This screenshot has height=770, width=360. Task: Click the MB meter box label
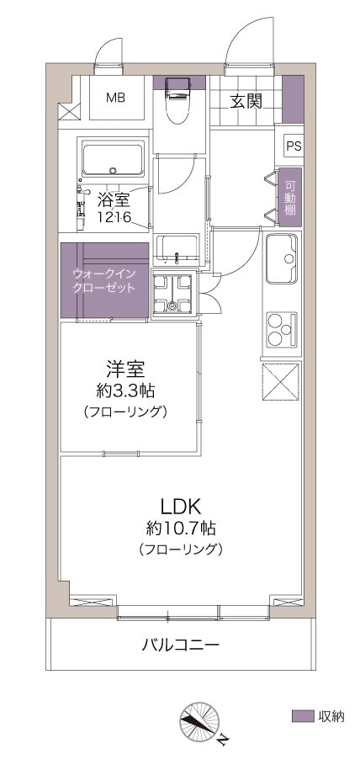tap(116, 98)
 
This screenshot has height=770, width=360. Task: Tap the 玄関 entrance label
tap(246, 101)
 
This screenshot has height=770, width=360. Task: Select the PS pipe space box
tap(294, 146)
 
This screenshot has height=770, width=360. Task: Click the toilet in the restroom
tap(178, 100)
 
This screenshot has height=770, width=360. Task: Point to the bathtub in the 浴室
tap(114, 158)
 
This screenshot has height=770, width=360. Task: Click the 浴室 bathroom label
tap(114, 199)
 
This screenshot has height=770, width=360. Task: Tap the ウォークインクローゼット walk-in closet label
tap(103, 280)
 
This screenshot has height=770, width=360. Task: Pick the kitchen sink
tap(282, 259)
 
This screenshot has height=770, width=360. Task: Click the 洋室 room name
tap(125, 368)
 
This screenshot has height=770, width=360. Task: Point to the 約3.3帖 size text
tap(125, 391)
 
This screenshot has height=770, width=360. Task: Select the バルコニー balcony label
tap(180, 644)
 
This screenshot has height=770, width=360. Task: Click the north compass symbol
tap(200, 721)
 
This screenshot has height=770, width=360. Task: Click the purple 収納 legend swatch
tap(303, 715)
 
